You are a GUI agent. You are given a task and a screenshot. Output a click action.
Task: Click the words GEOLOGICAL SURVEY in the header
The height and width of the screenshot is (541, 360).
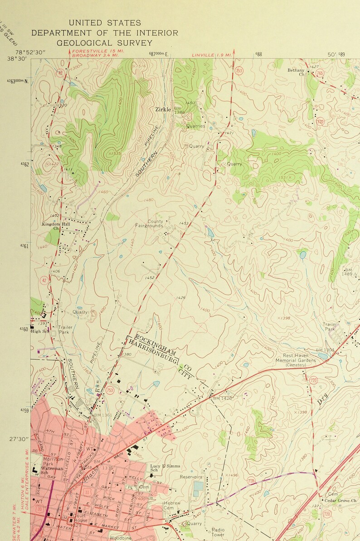click(x=104, y=43)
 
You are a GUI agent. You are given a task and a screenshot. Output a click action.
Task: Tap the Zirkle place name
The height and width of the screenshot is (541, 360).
click(x=163, y=109)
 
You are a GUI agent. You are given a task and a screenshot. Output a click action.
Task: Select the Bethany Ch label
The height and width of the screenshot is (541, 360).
click(x=296, y=72)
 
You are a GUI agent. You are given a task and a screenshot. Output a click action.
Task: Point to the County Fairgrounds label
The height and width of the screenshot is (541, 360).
click(x=149, y=223)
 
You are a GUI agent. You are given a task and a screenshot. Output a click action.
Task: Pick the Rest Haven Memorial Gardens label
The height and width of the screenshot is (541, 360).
click(x=296, y=358)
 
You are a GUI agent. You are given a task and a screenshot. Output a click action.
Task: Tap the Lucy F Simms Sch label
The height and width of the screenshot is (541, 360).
click(x=165, y=468)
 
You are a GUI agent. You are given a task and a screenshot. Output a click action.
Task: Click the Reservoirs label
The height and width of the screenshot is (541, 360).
click(x=191, y=477)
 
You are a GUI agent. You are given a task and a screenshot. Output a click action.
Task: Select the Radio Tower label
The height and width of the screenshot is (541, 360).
click(x=218, y=532)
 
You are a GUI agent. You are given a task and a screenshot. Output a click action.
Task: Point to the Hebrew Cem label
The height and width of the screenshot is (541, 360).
click(x=172, y=505)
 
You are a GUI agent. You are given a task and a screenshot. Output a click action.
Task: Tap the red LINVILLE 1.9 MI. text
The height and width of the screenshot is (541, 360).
click(x=211, y=55)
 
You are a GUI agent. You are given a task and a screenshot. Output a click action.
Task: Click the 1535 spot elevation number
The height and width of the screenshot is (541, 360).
click(x=116, y=154)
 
